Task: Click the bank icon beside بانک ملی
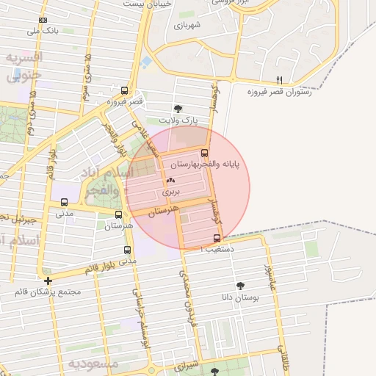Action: tap(43, 20)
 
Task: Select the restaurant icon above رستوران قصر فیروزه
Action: tap(279, 80)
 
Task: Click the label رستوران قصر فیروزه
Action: tap(277, 92)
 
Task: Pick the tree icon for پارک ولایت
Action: tap(178, 109)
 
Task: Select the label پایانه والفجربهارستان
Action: tap(219, 165)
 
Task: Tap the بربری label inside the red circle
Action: tap(170, 192)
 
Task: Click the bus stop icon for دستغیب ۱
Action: tap(217, 238)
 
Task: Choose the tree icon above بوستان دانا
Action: tap(240, 286)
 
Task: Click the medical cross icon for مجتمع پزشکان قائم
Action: tap(48, 281)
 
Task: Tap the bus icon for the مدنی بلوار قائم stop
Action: tap(127, 250)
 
